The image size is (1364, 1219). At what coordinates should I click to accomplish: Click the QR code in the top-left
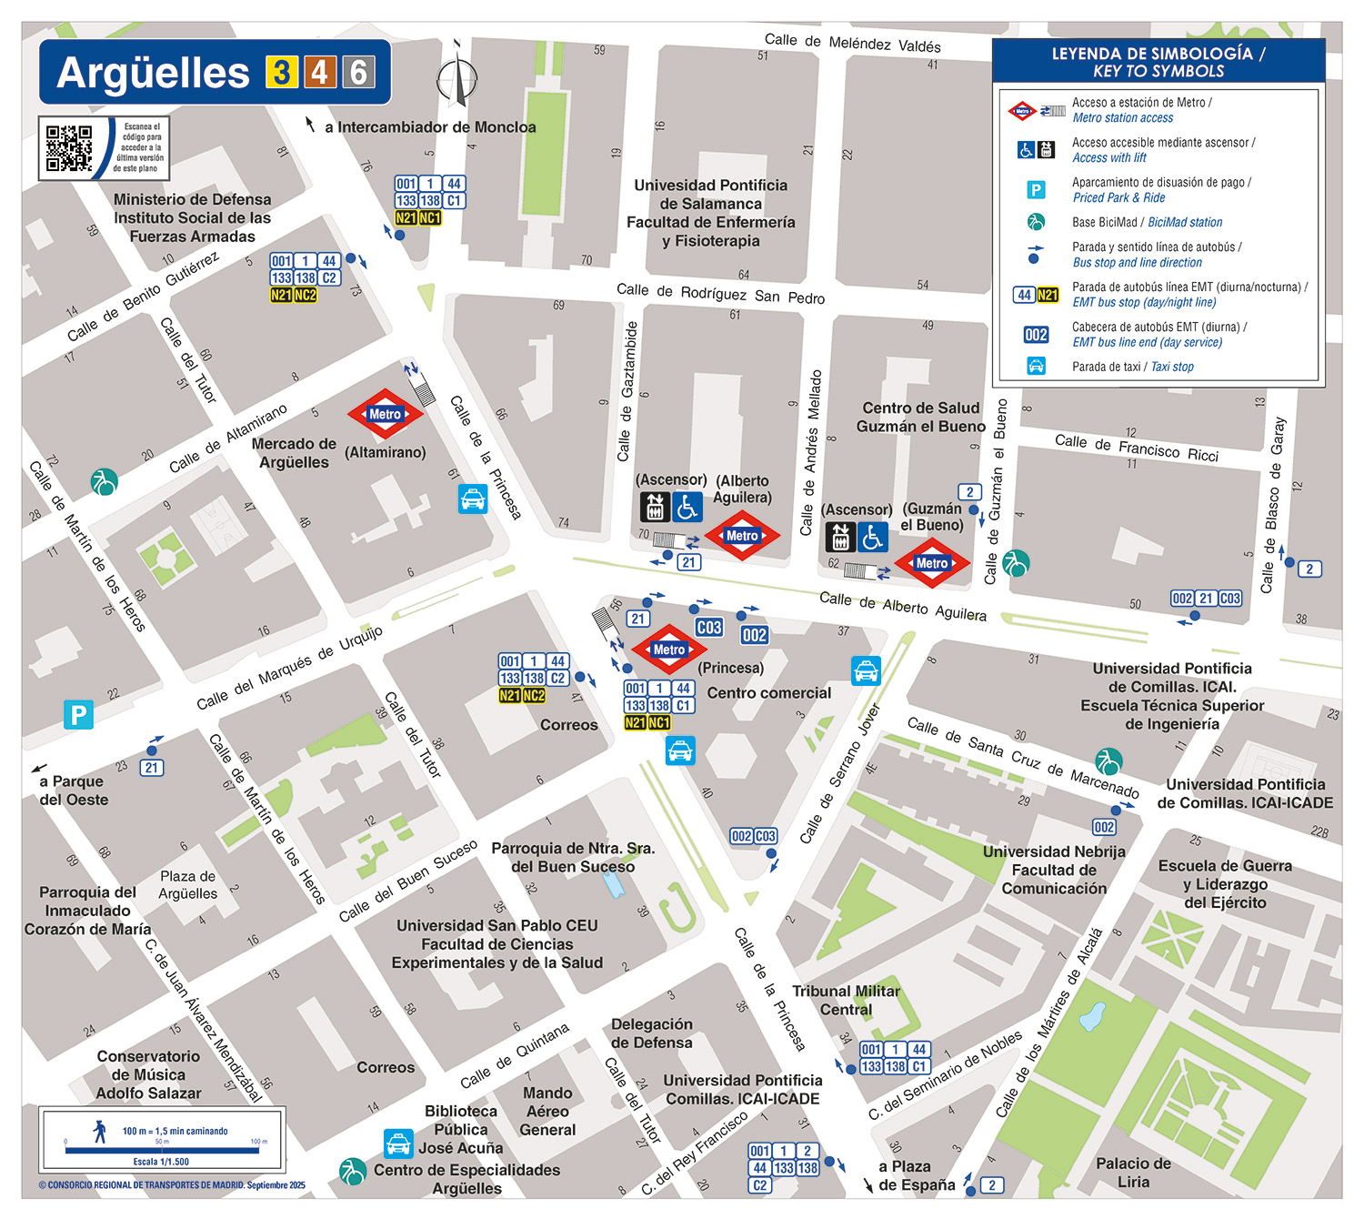point(69,148)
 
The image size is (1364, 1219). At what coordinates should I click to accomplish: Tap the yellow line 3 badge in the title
point(282,72)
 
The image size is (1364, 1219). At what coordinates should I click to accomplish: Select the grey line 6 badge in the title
point(358,72)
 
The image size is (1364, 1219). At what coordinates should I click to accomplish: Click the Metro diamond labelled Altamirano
point(385,414)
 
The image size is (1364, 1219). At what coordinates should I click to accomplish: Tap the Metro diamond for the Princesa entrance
point(669,650)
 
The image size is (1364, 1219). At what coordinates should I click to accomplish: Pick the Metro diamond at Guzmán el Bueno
point(931,563)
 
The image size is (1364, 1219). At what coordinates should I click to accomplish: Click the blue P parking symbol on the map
point(78,715)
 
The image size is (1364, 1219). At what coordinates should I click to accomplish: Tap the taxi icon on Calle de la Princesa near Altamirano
point(473,499)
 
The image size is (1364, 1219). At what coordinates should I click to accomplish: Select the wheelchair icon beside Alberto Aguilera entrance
point(687,507)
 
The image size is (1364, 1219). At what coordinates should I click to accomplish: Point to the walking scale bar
point(162,1150)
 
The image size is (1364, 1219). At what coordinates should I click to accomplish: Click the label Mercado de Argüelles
point(294,453)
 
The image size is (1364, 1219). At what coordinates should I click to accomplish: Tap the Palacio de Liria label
point(1133,1173)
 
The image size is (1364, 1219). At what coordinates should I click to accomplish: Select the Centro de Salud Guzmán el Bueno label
point(920,418)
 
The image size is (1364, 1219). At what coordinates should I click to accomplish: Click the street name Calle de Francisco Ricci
point(1136,448)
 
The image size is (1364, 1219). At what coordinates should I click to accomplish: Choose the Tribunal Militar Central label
point(846,1000)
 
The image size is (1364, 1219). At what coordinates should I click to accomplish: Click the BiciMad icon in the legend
point(1036,222)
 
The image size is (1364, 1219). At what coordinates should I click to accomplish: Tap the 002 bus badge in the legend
point(1036,335)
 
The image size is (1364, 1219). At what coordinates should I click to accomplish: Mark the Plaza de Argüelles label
point(188,884)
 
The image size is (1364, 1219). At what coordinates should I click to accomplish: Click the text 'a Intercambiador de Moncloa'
point(430,127)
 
